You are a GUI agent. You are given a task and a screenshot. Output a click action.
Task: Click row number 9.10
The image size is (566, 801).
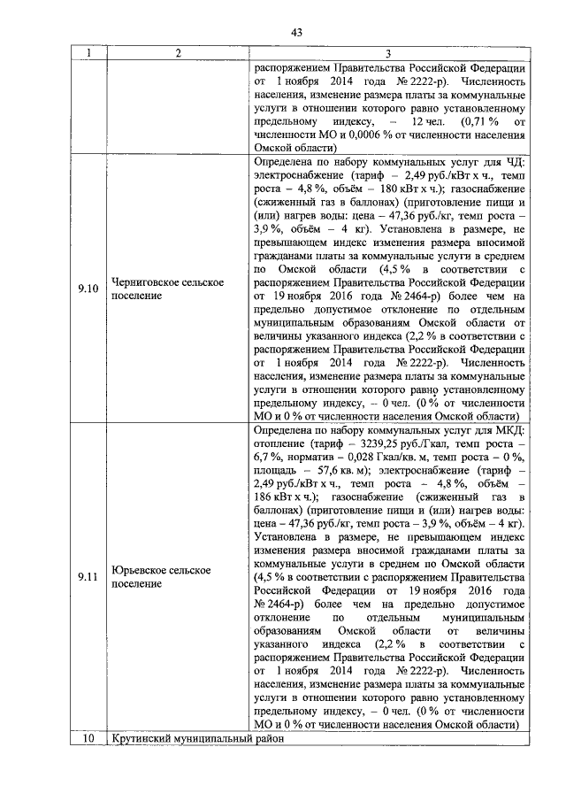coord(88,289)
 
